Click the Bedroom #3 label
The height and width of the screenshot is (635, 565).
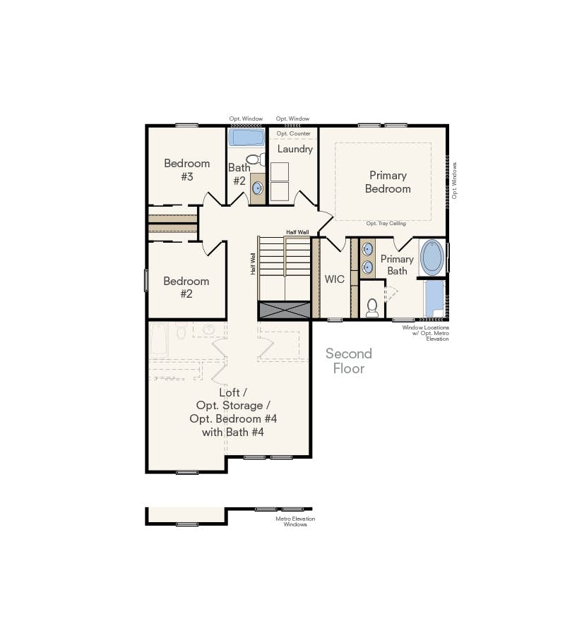(186, 169)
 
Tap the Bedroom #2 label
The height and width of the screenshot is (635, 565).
(186, 287)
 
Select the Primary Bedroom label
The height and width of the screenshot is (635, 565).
(387, 182)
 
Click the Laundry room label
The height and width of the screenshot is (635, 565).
(295, 149)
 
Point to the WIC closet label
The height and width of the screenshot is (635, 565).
(334, 279)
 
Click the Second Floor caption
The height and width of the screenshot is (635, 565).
(348, 361)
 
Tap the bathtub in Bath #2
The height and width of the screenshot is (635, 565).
(246, 137)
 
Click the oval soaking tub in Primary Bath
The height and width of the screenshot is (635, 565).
(432, 258)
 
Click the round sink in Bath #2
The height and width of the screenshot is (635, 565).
(258, 188)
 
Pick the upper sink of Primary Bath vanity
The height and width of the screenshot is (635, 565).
(368, 249)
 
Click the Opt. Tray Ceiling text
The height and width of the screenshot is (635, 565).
(386, 224)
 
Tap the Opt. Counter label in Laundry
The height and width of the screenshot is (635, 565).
(293, 133)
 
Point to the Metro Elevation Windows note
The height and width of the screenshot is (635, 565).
(295, 521)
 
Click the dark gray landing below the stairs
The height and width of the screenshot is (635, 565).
(285, 309)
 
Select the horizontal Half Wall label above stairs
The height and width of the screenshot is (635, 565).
(297, 232)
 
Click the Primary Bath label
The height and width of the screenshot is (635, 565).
(397, 265)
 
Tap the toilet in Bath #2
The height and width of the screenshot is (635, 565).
(252, 159)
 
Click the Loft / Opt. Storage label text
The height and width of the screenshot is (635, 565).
(233, 405)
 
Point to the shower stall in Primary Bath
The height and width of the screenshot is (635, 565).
(434, 298)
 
